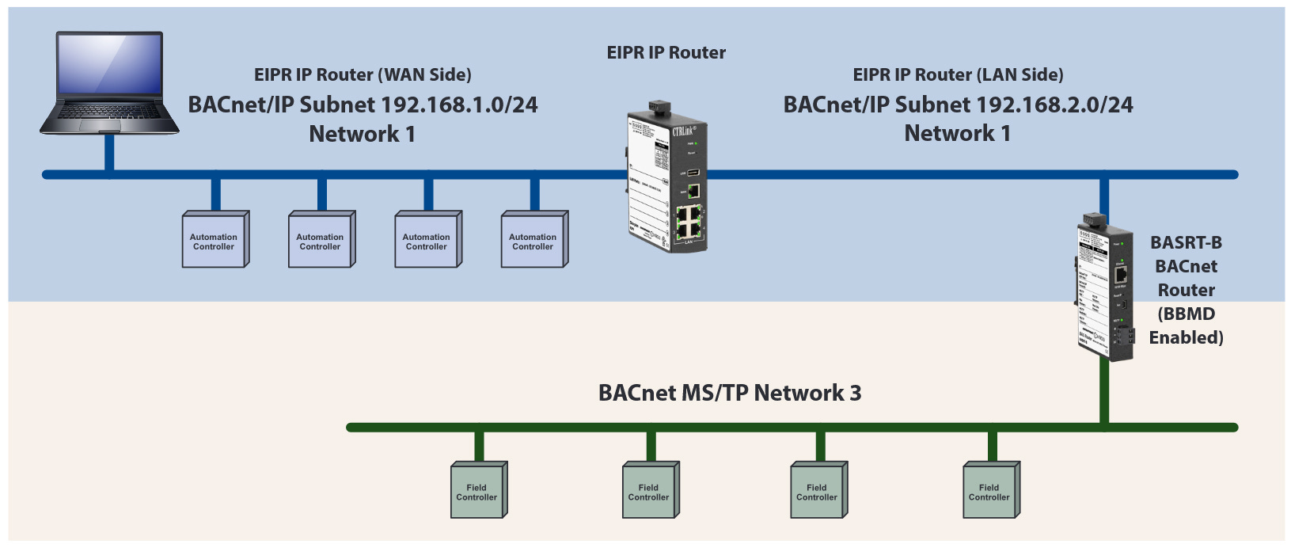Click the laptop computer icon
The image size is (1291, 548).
pos(109,83)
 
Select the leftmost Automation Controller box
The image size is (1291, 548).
pos(215,240)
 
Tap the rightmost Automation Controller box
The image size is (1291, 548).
pos(533,240)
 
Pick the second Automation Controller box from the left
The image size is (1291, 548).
pos(321,240)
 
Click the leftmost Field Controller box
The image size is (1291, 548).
pos(478,491)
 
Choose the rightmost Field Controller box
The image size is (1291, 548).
pos(990,491)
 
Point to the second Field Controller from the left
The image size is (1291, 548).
pos(650,491)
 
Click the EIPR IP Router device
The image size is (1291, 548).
pos(666,178)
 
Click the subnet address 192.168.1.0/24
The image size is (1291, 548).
pos(459,105)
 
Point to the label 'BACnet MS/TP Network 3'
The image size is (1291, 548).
pos(729,393)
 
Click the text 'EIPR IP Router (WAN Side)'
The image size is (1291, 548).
pos(363,74)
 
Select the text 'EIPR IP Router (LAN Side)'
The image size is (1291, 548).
pos(958,74)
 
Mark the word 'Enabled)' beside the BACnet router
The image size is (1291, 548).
pos(1186,337)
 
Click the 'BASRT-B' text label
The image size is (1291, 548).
pos(1186,242)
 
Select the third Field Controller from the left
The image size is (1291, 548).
pos(818,491)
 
